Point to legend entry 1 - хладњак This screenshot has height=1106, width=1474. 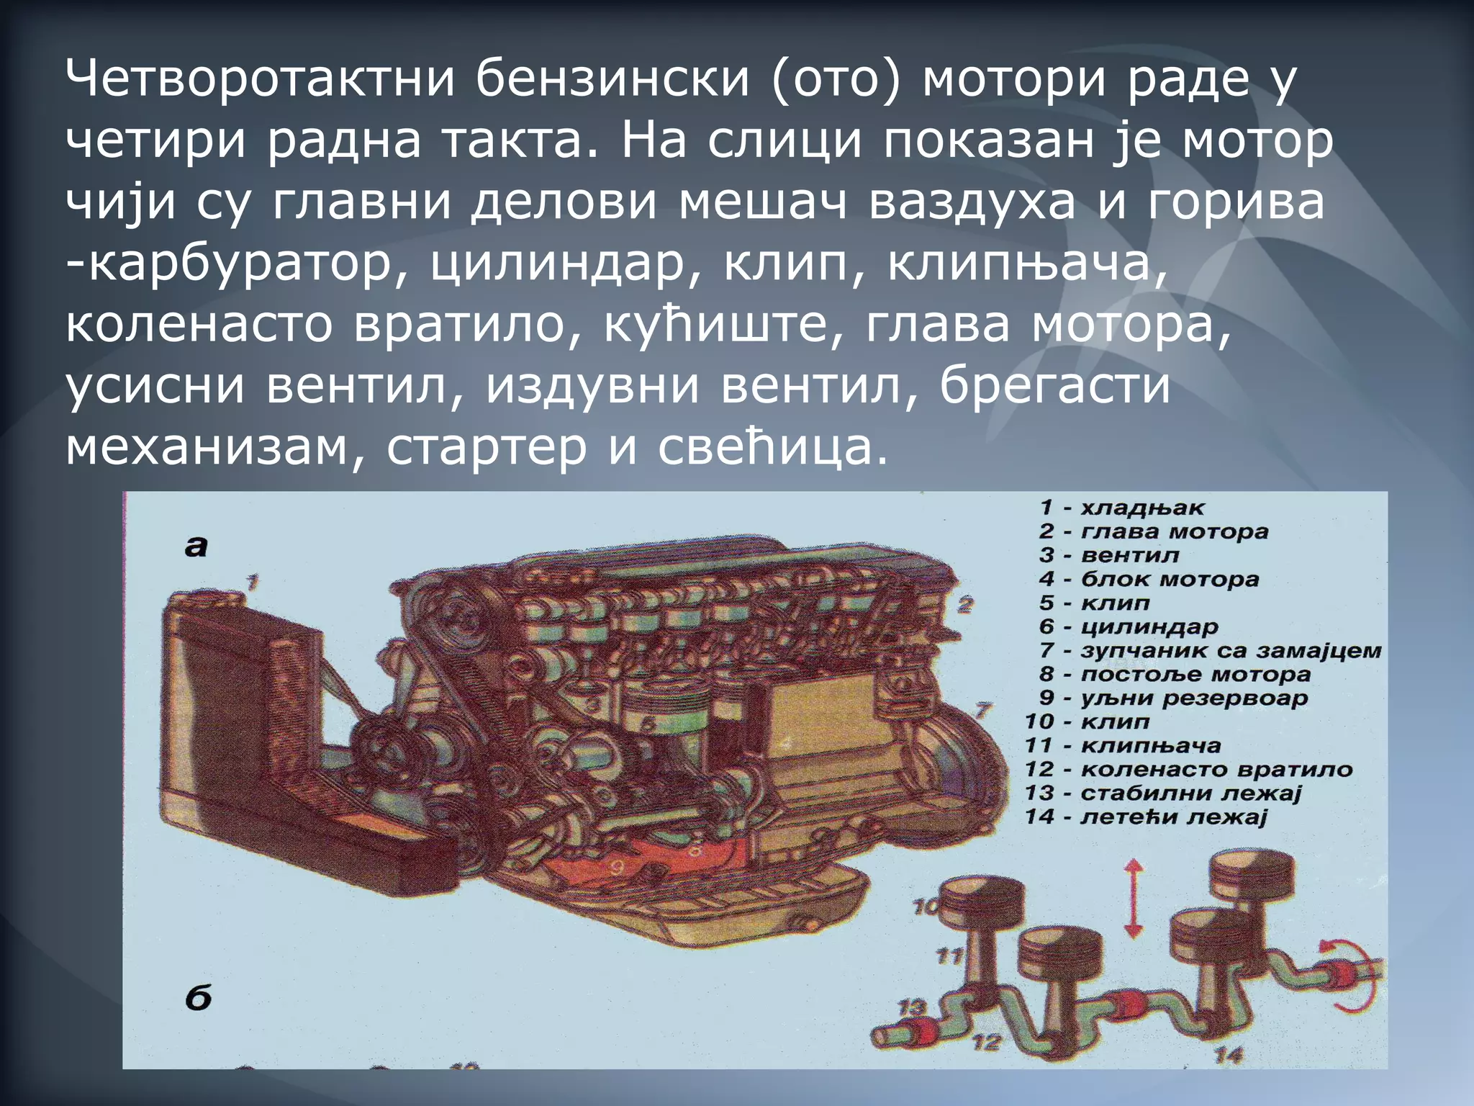click(x=1121, y=508)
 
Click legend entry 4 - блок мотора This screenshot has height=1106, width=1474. click(x=1149, y=579)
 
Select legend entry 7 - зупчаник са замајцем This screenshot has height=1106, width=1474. click(x=1210, y=650)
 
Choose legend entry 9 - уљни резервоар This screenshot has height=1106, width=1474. click(x=1173, y=698)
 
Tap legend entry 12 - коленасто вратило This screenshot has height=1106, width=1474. click(x=1188, y=769)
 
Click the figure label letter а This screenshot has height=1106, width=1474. click(x=196, y=547)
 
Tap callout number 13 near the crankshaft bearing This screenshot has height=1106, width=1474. click(x=913, y=1007)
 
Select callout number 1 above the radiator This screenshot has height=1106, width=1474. click(x=251, y=582)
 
